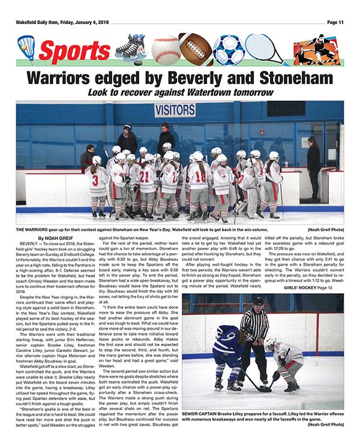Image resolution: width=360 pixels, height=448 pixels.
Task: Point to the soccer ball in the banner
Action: (228, 50)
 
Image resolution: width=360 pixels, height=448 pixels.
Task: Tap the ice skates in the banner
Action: (131, 48)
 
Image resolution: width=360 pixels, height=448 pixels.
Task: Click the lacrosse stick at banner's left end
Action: (26, 49)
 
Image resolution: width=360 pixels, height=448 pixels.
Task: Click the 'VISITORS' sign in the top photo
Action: (175, 111)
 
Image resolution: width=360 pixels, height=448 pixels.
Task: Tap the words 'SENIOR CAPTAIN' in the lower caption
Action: (202, 413)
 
